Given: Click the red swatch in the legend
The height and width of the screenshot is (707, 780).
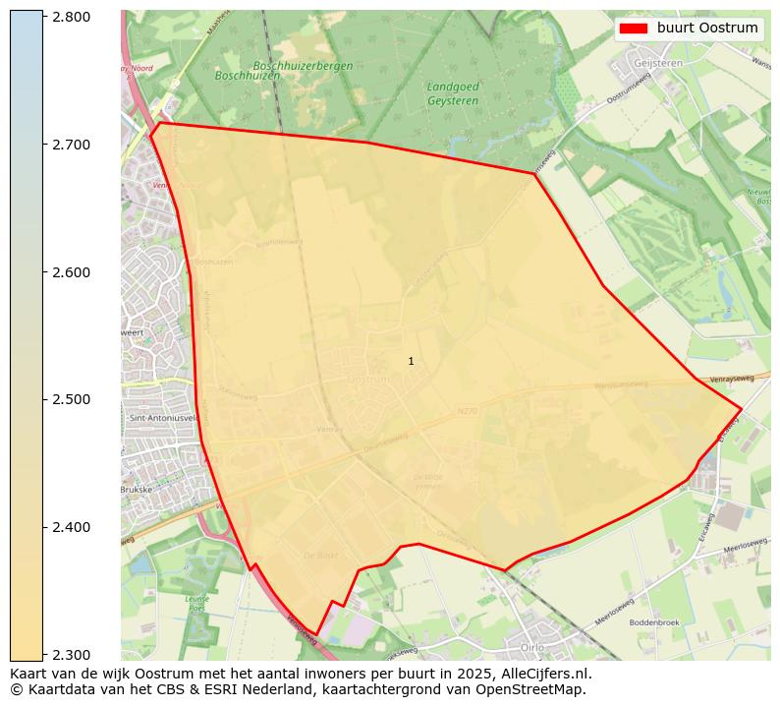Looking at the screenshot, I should (634, 29).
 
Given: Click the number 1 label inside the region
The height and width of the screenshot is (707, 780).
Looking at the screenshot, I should (411, 362).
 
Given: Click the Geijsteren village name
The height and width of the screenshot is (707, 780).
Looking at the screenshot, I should (658, 61).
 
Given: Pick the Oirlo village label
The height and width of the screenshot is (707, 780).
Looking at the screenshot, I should (531, 646).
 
